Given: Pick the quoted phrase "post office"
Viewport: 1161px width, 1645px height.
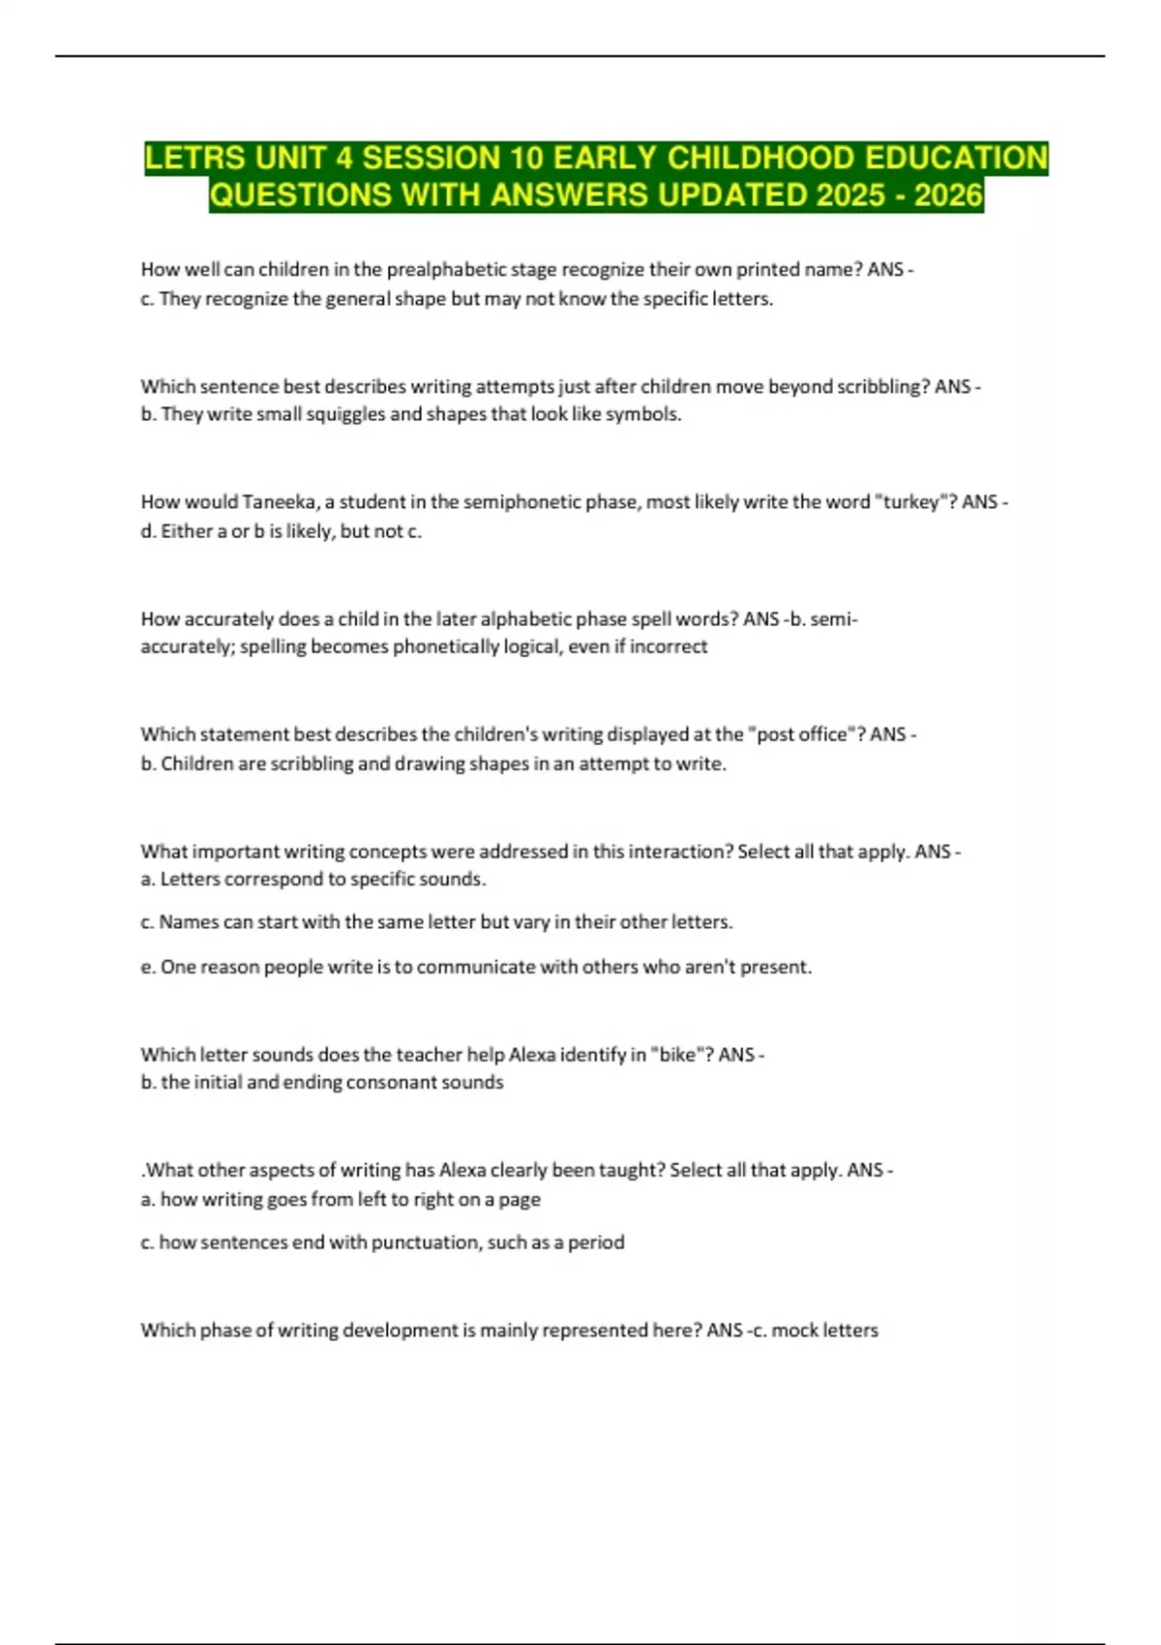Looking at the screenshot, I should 806,734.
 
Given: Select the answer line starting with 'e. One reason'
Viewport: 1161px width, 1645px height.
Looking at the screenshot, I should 476,967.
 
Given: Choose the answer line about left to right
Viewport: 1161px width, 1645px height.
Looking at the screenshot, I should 341,1199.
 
